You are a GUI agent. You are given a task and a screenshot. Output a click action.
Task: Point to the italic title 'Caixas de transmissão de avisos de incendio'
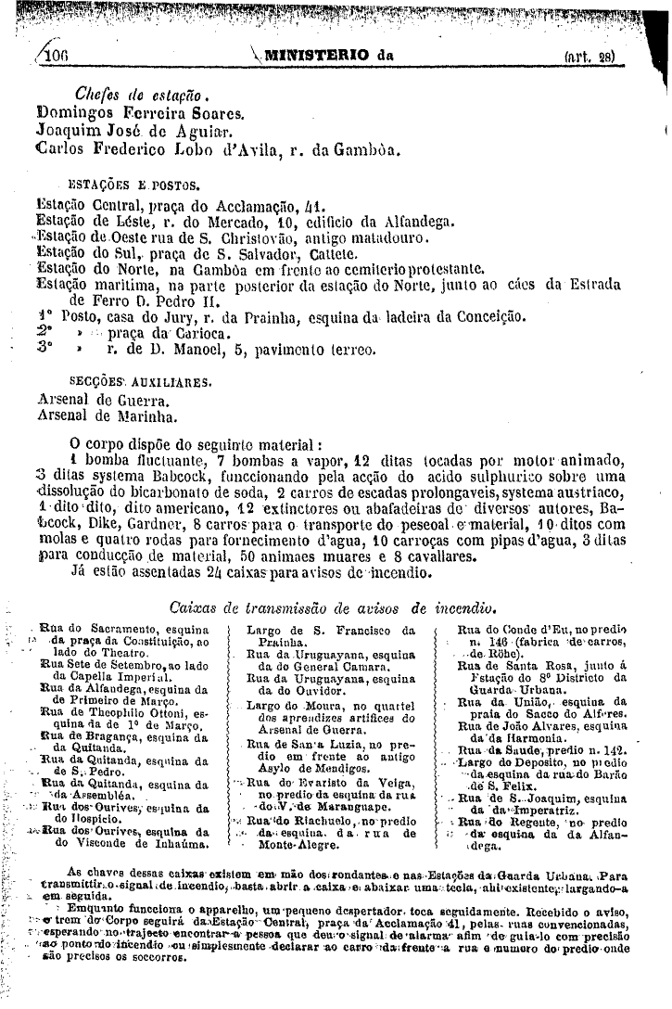pyautogui.click(x=336, y=608)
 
